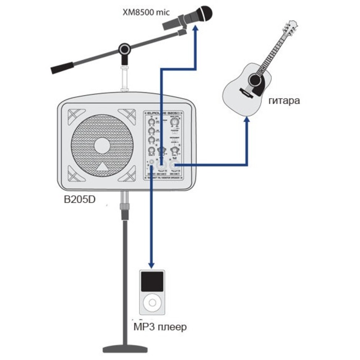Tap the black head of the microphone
[202, 13]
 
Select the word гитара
[284, 101]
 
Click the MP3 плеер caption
[160, 327]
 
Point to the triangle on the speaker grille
[103, 167]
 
